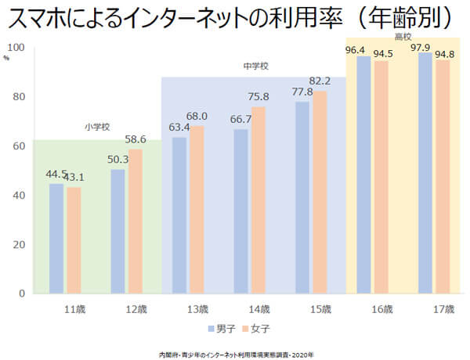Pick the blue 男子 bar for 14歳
point(241,211)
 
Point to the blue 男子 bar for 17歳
point(425,172)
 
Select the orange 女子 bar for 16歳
point(381,177)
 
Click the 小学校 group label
point(97,127)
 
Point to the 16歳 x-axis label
point(381,308)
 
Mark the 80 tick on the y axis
point(22,97)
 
